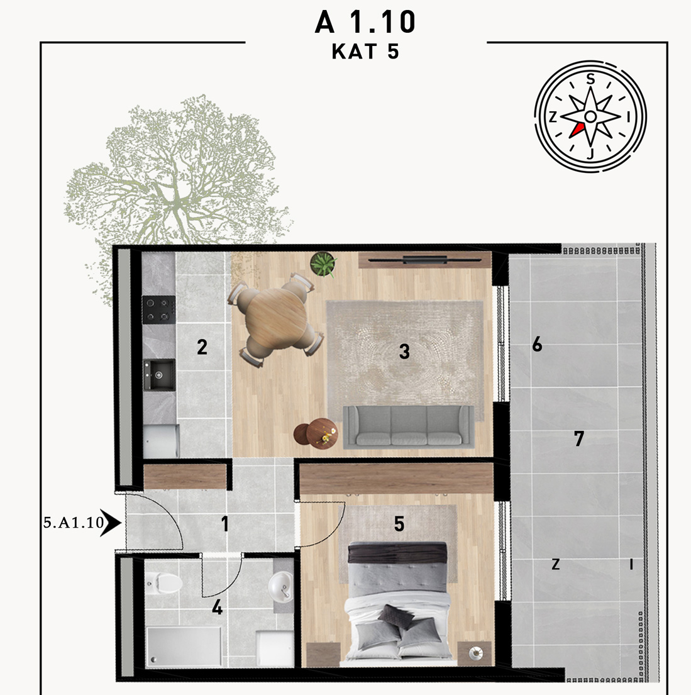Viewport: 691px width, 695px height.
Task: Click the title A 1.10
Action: coord(365,22)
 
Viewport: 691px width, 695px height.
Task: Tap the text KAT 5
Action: coord(365,52)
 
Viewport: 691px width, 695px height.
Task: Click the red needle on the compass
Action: coord(577,129)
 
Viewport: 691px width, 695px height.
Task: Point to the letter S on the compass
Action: coord(590,79)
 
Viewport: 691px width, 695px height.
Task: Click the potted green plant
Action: coord(323,264)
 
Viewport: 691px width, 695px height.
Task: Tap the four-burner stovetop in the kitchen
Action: coord(158,309)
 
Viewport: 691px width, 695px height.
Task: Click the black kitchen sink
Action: coord(158,374)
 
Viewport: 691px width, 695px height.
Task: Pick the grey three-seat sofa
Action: coord(408,426)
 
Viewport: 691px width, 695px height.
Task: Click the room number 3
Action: coord(404,352)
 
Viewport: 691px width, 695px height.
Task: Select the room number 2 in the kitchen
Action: coord(202,347)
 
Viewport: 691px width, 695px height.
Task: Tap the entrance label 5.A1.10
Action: coord(74,523)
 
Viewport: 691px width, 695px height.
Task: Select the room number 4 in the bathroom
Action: coord(217,607)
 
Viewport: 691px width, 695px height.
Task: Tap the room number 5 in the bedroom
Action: coord(399,524)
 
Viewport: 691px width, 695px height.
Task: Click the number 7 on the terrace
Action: coord(579,438)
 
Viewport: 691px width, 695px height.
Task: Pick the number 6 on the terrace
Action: coord(537,344)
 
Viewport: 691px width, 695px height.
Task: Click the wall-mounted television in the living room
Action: coord(424,260)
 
